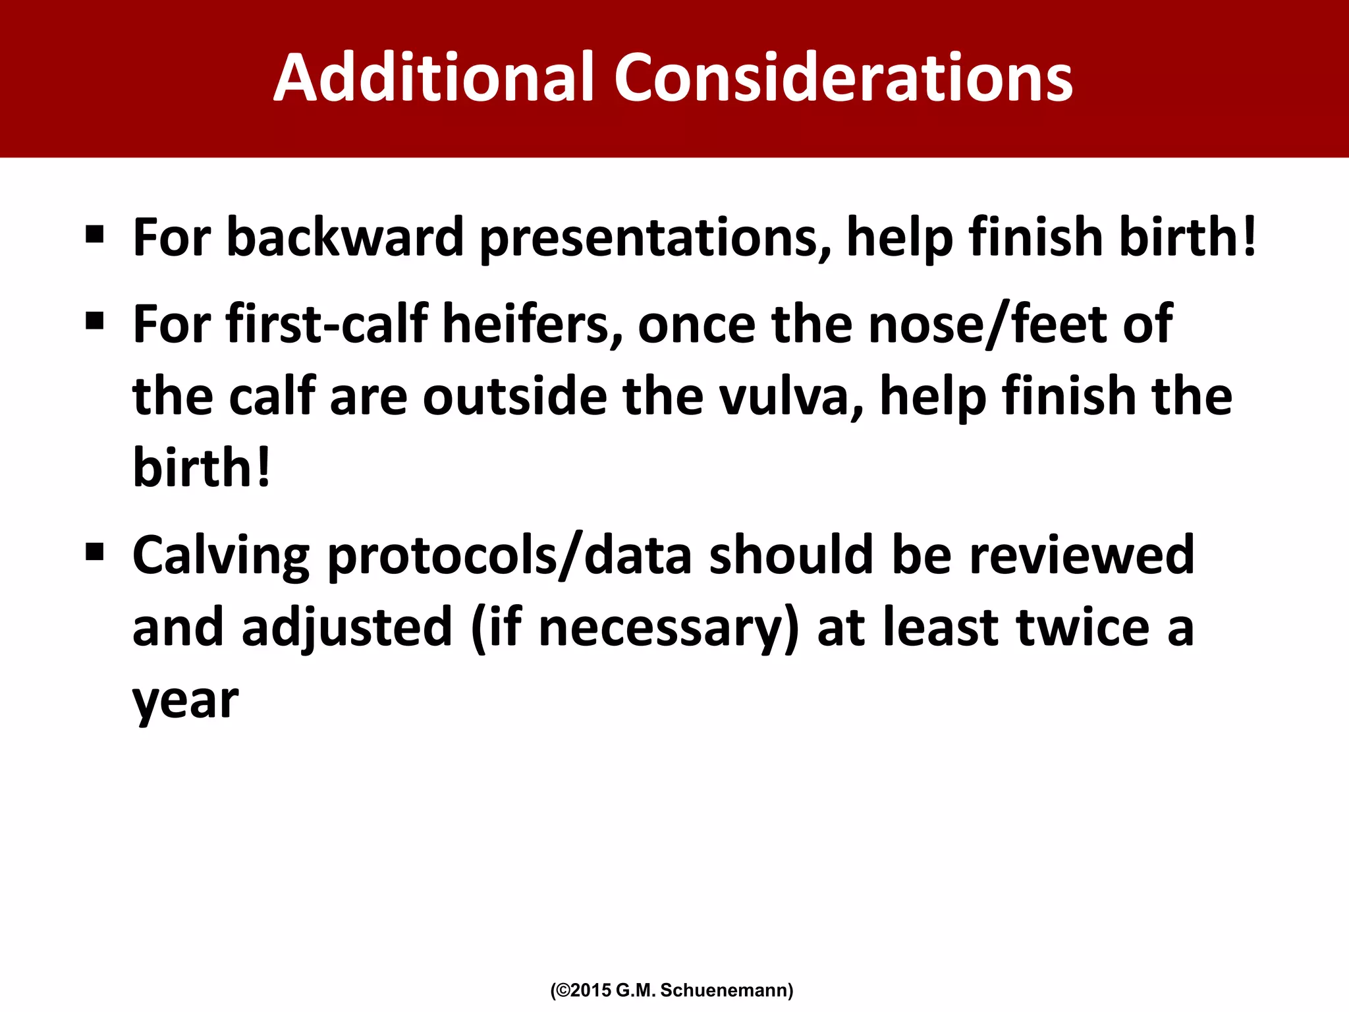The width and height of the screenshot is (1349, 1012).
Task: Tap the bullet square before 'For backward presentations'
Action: (95, 234)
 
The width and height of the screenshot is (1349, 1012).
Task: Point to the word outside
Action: (514, 397)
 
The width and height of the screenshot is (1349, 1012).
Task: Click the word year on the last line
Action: (185, 701)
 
